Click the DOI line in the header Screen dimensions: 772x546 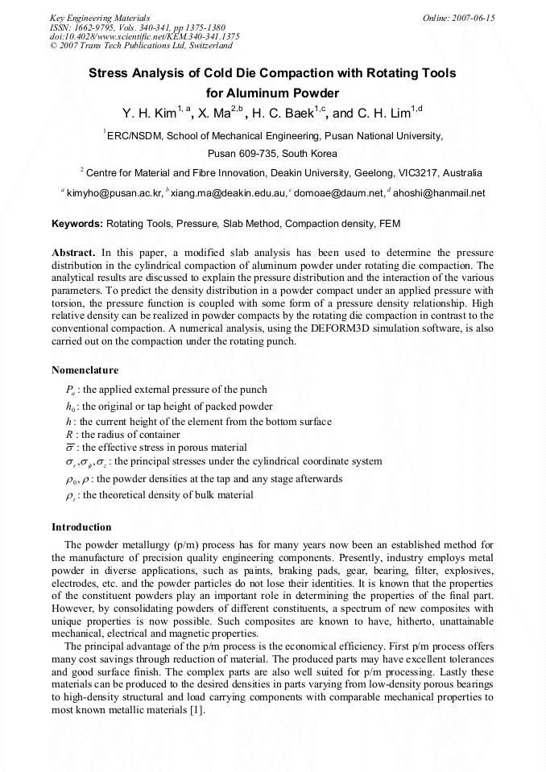pyautogui.click(x=145, y=36)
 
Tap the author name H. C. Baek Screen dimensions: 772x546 pyautogui.click(x=285, y=114)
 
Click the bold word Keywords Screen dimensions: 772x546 pyautogui.click(x=77, y=224)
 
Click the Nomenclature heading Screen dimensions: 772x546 pyautogui.click(x=85, y=370)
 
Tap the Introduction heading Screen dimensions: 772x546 pyautogui.click(x=81, y=527)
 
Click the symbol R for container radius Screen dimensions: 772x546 pyautogui.click(x=69, y=435)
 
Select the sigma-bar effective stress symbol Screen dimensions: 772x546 pyautogui.click(x=70, y=448)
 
